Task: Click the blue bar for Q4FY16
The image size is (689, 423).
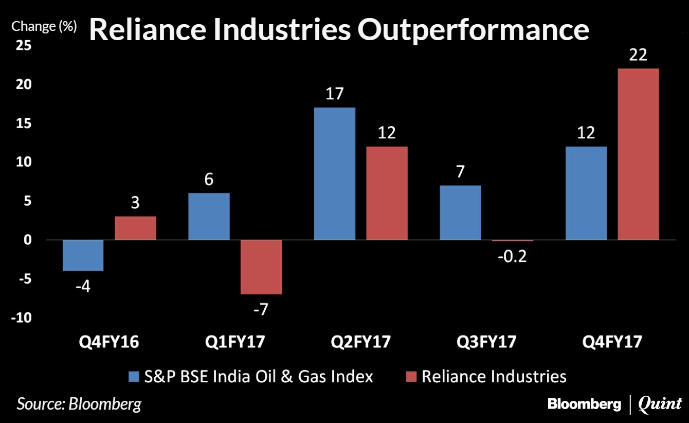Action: (x=83, y=255)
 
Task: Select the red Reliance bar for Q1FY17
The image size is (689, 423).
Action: (x=261, y=267)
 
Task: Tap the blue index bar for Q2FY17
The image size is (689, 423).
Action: (x=335, y=173)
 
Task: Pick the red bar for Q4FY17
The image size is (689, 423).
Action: (x=638, y=154)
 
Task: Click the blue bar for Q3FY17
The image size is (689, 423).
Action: (x=461, y=213)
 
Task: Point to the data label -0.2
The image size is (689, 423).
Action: (x=512, y=256)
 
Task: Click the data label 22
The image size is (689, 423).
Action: (x=638, y=55)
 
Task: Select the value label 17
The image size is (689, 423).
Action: (x=335, y=94)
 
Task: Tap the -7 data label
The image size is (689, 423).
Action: (x=261, y=310)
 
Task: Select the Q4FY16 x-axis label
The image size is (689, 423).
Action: (x=108, y=342)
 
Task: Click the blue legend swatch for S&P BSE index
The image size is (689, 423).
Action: (x=133, y=377)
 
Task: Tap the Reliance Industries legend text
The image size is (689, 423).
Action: (x=494, y=376)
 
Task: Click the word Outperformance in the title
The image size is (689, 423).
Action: (x=473, y=30)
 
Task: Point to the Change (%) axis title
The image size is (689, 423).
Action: (x=44, y=26)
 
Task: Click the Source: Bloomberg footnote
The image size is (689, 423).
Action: (x=79, y=403)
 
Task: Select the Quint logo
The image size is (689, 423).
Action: (x=660, y=404)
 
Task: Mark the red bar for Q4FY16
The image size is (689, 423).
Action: (x=135, y=228)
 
